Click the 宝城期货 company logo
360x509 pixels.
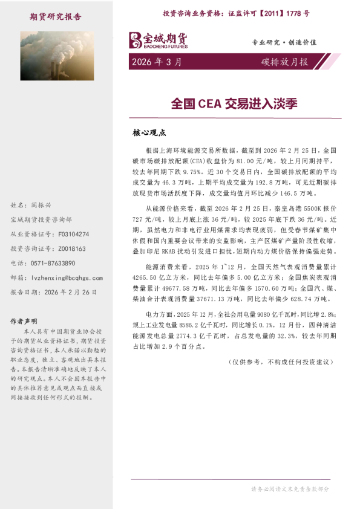click(x=159, y=41)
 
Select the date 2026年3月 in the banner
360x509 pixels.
click(x=155, y=62)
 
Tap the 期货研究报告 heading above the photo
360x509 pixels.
click(x=55, y=16)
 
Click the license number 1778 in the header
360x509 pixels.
click(x=298, y=13)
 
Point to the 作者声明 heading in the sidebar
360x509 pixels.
click(x=24, y=321)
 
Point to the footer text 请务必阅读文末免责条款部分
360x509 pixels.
click(x=290, y=488)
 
